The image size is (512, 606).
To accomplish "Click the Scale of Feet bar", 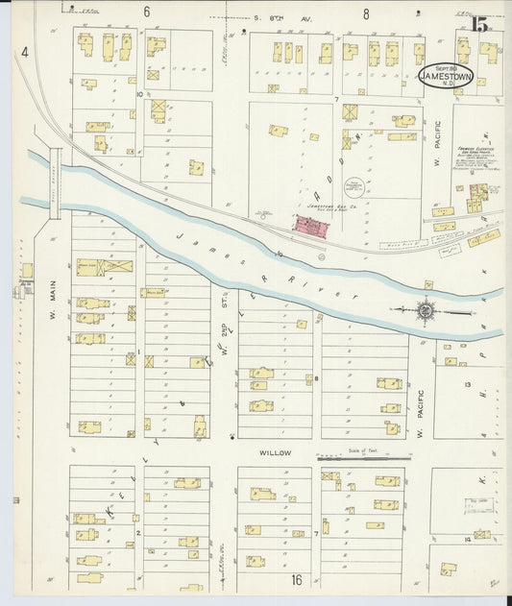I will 363,458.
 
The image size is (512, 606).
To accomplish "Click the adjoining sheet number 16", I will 298,579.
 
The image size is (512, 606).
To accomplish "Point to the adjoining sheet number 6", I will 147,12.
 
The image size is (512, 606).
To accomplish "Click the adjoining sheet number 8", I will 367,13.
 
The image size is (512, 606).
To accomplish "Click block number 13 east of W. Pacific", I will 468,384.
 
